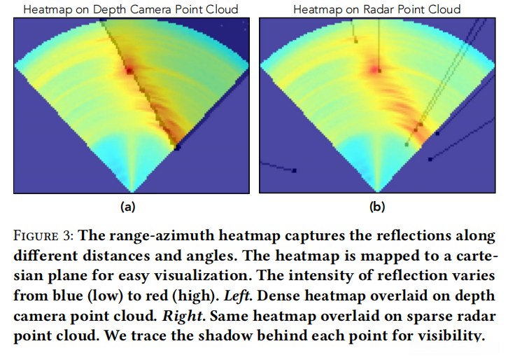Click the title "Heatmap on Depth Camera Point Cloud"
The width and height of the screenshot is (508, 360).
coord(132,9)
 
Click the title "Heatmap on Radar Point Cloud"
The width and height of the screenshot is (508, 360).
coord(376,9)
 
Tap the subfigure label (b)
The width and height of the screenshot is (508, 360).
coord(377,207)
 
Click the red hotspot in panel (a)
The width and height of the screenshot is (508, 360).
coord(129,70)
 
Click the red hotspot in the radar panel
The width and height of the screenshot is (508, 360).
coord(377,69)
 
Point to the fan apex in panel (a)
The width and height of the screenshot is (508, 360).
coord(132,191)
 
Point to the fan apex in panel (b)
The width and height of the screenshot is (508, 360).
coord(378,191)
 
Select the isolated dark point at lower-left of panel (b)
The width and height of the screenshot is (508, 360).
coord(295,170)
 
